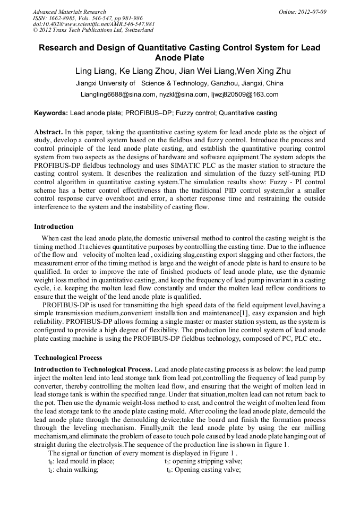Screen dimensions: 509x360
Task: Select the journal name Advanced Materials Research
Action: coord(70,12)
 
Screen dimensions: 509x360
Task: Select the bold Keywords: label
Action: coord(51,113)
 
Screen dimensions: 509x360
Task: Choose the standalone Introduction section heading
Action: coord(54,227)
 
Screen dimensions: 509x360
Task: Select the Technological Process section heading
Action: coord(68,357)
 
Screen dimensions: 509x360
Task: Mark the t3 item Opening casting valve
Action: coord(204,470)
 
